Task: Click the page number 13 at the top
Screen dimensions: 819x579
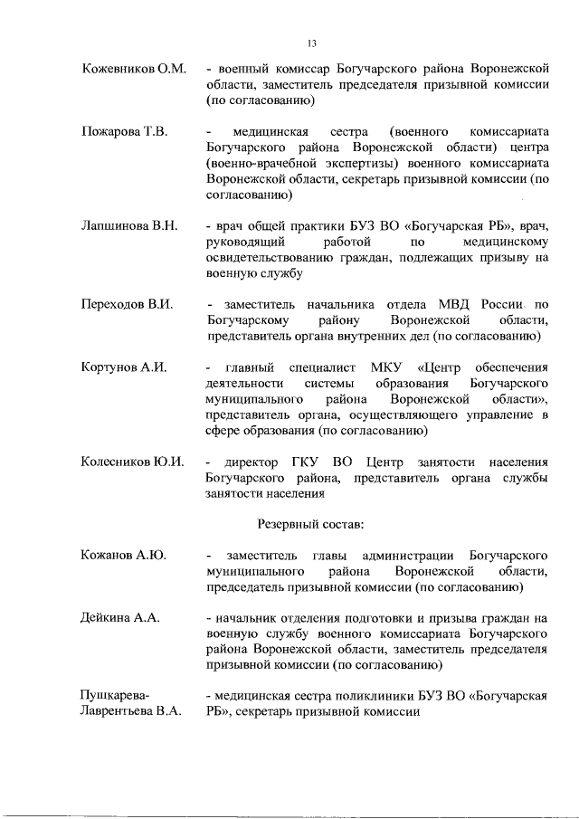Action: [311, 43]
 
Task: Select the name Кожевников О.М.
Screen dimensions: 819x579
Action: [134, 69]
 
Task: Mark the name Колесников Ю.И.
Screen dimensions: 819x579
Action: [133, 462]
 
